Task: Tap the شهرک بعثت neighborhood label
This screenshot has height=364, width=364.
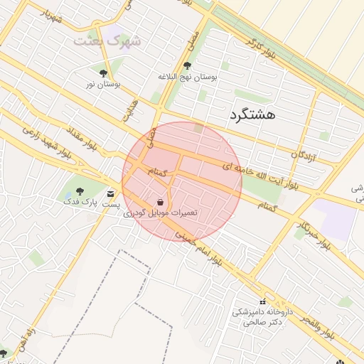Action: point(108,41)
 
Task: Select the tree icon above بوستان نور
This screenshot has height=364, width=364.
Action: point(104,73)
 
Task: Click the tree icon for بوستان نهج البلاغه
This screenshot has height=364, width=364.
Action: point(187,65)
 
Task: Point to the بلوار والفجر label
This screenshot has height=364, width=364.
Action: point(326,323)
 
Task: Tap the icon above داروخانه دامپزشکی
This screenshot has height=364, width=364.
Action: point(263,301)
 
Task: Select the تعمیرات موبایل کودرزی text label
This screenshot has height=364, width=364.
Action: point(161,213)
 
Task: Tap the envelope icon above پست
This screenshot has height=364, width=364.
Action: point(110,193)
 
